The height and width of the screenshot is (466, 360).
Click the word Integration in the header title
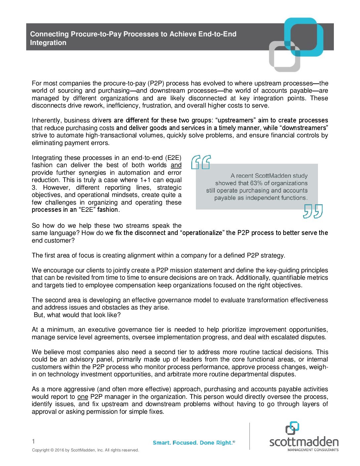(x=48, y=43)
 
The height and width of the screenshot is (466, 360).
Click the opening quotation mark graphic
(x=201, y=162)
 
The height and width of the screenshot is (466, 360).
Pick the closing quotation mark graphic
(x=313, y=211)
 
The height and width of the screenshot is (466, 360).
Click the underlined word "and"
(x=176, y=165)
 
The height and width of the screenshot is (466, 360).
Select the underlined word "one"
(x=83, y=397)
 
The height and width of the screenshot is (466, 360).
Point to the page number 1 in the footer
(x=33, y=441)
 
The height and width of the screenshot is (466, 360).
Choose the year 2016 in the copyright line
(x=60, y=450)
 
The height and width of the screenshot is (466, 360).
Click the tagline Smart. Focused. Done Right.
(x=194, y=443)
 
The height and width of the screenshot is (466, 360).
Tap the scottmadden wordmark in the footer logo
(x=304, y=442)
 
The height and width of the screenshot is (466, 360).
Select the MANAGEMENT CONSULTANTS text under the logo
(x=313, y=450)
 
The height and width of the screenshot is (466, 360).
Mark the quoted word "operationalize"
(x=202, y=233)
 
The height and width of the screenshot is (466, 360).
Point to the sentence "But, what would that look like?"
(x=77, y=315)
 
